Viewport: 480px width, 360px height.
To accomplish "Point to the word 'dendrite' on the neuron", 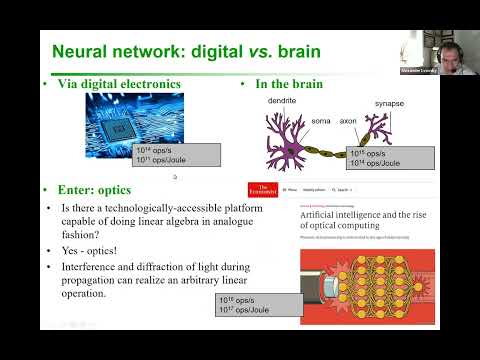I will tap(282, 100).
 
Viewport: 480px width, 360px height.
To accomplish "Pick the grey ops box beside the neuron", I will tap(390, 158).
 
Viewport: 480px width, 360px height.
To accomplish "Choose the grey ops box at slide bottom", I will tap(259, 304).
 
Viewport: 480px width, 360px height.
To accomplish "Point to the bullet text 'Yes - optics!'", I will tap(103, 250).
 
